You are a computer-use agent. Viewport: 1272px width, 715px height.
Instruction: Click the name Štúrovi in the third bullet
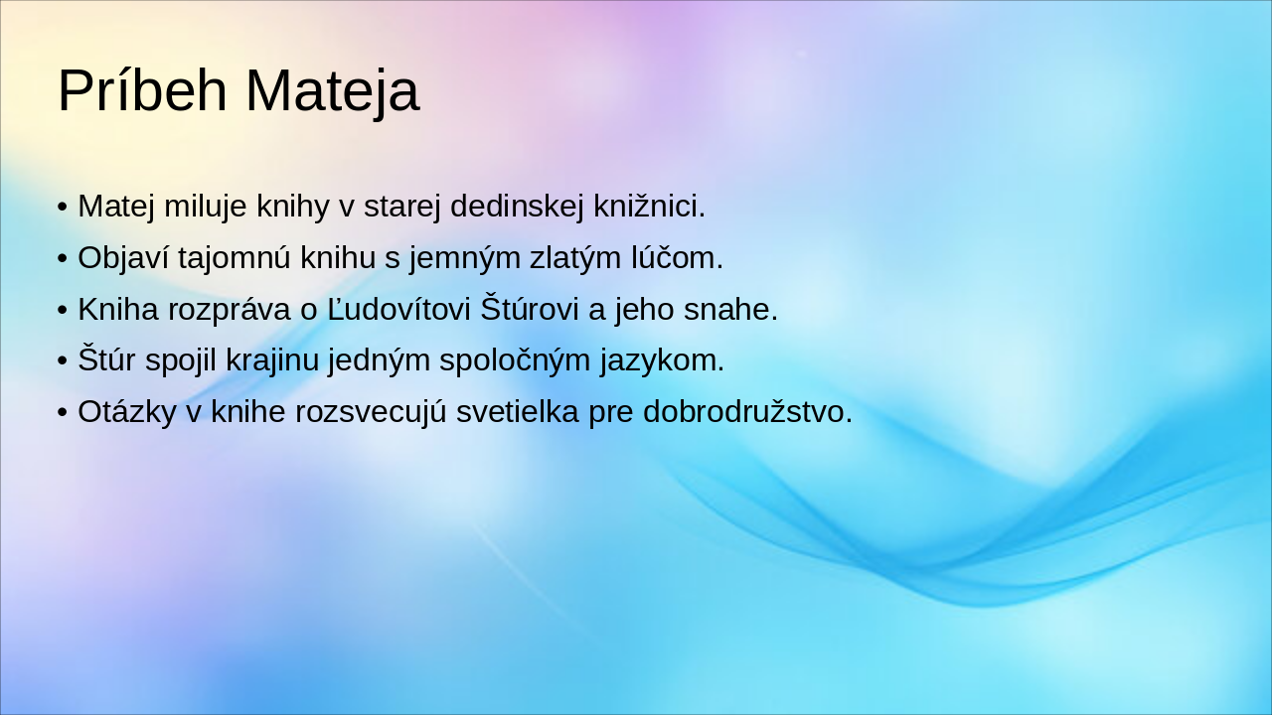coord(531,310)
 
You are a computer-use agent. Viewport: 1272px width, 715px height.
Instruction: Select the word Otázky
coord(126,412)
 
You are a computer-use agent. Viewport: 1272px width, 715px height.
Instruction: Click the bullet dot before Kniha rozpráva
coord(62,311)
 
